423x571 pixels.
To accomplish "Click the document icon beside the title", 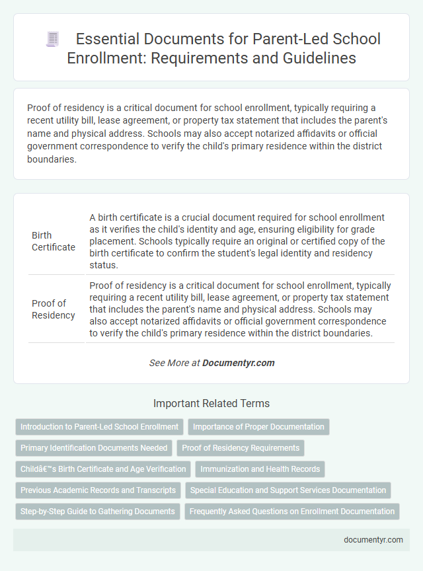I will (52, 39).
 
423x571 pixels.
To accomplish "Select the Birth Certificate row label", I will (53, 241).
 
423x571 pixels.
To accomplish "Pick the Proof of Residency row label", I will (53, 309).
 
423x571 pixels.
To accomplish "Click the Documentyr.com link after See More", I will (238, 363).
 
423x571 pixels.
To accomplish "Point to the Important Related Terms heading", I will (211, 403).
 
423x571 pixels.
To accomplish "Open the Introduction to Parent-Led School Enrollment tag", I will (99, 427).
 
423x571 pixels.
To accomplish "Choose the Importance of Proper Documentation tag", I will (258, 427).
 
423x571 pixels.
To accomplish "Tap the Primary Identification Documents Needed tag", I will (94, 448).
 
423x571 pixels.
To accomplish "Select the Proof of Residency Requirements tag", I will (241, 448).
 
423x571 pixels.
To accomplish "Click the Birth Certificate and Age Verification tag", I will (103, 469).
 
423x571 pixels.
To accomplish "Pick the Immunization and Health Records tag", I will (260, 469).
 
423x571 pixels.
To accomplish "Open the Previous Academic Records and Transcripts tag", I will (98, 490).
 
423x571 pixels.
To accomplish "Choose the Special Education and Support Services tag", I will (288, 490).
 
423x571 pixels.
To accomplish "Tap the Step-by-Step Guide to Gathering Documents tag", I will (98, 512).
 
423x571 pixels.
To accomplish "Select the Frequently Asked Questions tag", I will (292, 512).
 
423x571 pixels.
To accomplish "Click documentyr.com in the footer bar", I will (373, 539).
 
